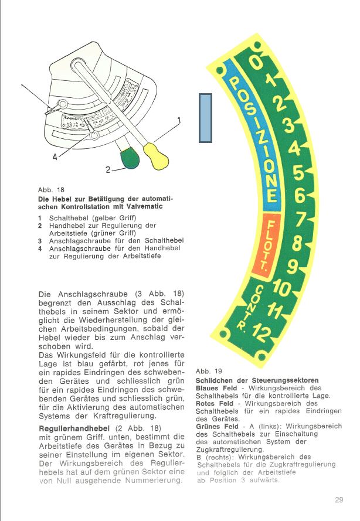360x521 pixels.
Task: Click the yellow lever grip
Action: [x=156, y=154]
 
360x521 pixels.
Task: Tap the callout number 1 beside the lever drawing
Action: [x=179, y=121]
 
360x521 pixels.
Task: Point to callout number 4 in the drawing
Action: [x=55, y=157]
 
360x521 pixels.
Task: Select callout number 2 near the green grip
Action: [x=108, y=170]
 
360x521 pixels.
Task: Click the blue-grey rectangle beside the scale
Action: [x=205, y=118]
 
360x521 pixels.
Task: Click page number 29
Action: [x=339, y=499]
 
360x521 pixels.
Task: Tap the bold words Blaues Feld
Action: [x=217, y=388]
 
